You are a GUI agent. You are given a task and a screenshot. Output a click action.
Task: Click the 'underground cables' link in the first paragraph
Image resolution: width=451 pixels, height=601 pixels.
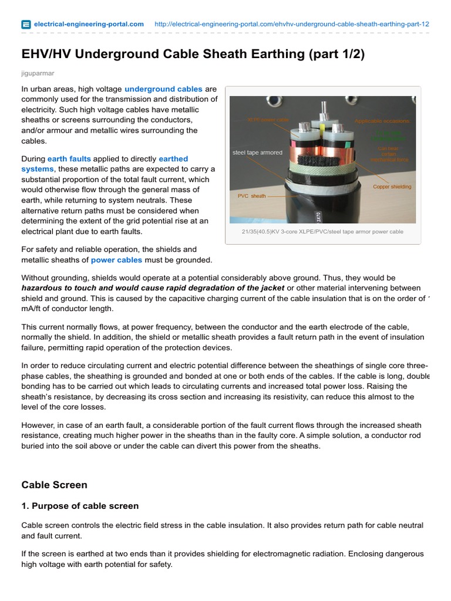coord(163,89)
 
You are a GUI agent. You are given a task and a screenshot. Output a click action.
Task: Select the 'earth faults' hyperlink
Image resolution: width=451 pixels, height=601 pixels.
coord(69,159)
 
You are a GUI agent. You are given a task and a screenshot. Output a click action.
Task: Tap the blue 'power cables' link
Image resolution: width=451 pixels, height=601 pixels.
coord(116,260)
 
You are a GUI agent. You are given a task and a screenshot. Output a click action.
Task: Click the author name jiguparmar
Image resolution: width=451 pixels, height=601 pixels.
coord(37,73)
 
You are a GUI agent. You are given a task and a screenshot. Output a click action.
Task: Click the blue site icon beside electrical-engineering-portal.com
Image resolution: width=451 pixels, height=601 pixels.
coord(26,24)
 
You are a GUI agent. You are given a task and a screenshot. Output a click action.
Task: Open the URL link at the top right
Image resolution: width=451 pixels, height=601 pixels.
coord(291,24)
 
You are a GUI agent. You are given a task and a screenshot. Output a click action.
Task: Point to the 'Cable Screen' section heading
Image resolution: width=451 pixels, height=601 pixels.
coord(54,485)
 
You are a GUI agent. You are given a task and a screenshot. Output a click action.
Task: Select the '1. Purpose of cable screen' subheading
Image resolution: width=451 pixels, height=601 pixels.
coord(80,506)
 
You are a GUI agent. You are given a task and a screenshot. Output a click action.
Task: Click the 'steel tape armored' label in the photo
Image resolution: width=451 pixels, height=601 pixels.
coord(257,153)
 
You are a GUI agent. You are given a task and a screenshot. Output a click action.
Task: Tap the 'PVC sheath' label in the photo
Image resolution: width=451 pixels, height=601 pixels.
coord(251,196)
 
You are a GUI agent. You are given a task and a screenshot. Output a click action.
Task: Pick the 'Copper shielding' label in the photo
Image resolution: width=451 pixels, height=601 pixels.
coord(392,187)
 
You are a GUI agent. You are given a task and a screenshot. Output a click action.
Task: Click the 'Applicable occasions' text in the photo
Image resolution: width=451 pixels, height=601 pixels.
coord(382,121)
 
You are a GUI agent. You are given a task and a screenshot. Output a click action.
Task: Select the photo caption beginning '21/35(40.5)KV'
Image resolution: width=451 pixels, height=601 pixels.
coord(322,232)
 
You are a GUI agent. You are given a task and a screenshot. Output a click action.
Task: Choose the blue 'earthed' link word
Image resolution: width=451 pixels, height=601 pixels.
coord(173,159)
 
